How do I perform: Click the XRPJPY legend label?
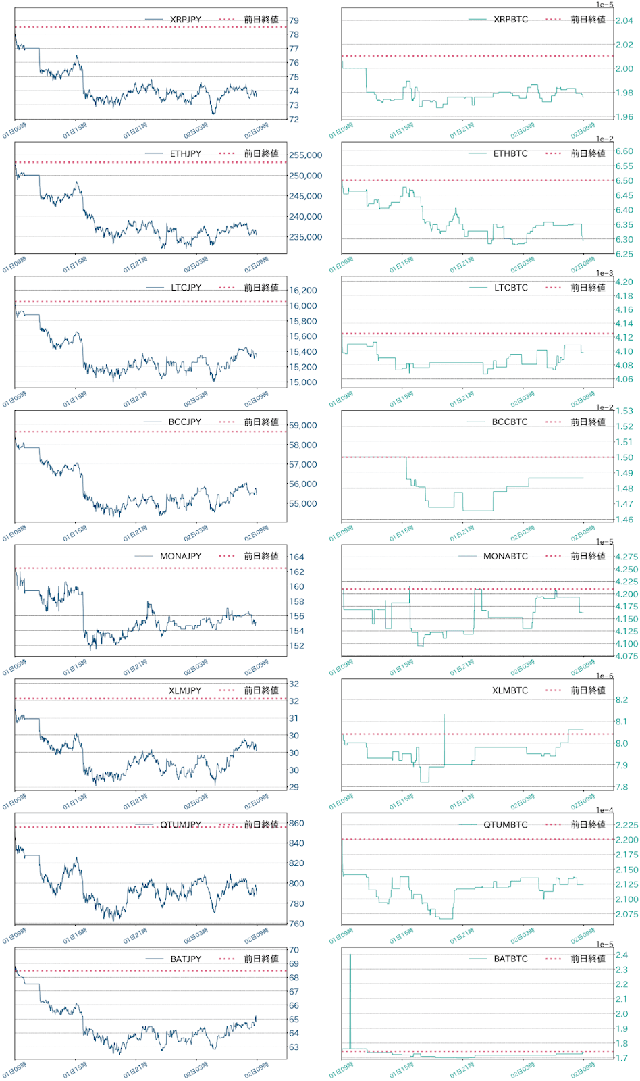pyautogui.click(x=186, y=20)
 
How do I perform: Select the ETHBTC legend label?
pyautogui.click(x=510, y=154)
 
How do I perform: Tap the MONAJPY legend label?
pyautogui.click(x=180, y=556)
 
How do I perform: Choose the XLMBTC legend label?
pyautogui.click(x=510, y=690)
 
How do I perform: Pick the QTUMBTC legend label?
pyautogui.click(x=506, y=825)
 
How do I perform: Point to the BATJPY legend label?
pyautogui.click(x=186, y=959)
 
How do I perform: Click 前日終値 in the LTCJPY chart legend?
pyautogui.click(x=261, y=288)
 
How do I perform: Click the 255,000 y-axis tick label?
pyautogui.click(x=305, y=155)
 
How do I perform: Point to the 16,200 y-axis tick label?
pyautogui.click(x=302, y=291)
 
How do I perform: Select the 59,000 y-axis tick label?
pyautogui.click(x=302, y=426)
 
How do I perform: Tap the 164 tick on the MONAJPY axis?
pyautogui.click(x=296, y=557)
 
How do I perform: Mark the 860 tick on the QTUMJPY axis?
pyautogui.click(x=296, y=824)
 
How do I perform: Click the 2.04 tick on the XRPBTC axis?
pyautogui.click(x=624, y=21)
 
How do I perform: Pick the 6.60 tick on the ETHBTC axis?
pyautogui.click(x=624, y=151)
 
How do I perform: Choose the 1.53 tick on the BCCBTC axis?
pyautogui.click(x=624, y=411)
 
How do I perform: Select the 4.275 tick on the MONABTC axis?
pyautogui.click(x=626, y=557)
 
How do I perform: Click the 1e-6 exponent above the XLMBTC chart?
pyautogui.click(x=604, y=676)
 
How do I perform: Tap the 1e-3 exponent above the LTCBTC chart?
pyautogui.click(x=604, y=274)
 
